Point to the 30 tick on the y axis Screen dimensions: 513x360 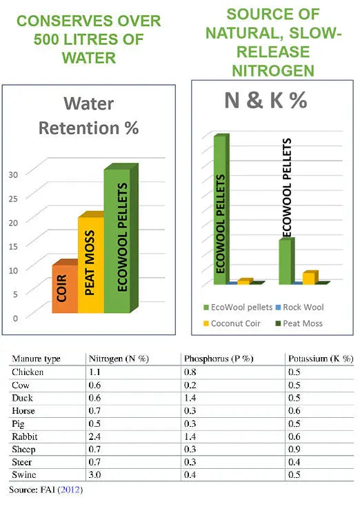pos(32,174)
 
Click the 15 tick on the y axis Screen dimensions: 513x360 pos(32,245)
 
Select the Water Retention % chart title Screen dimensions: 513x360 pos(88,116)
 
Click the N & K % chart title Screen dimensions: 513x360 pos(266,101)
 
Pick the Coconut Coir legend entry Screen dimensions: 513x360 pos(231,323)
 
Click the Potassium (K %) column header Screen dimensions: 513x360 pos(321,359)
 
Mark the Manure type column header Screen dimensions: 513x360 pos(37,359)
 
